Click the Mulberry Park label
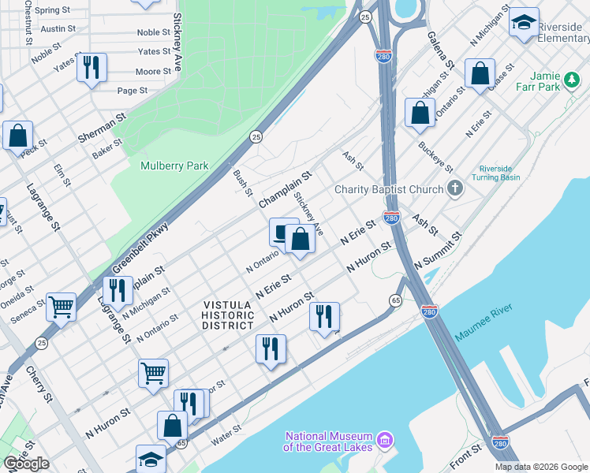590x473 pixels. pyautogui.click(x=174, y=166)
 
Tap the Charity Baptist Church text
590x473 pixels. pyautogui.click(x=389, y=189)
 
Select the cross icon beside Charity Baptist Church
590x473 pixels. pyautogui.click(x=454, y=188)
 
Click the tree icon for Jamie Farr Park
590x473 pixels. pyautogui.click(x=570, y=80)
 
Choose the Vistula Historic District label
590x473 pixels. pyautogui.click(x=229, y=315)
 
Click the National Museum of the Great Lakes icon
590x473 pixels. pyautogui.click(x=386, y=438)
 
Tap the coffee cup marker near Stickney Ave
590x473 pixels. pyautogui.click(x=282, y=233)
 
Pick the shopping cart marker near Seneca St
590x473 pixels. pyautogui.click(x=61, y=307)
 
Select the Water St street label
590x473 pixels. pyautogui.click(x=226, y=435)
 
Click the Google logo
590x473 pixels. pyautogui.click(x=26, y=464)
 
